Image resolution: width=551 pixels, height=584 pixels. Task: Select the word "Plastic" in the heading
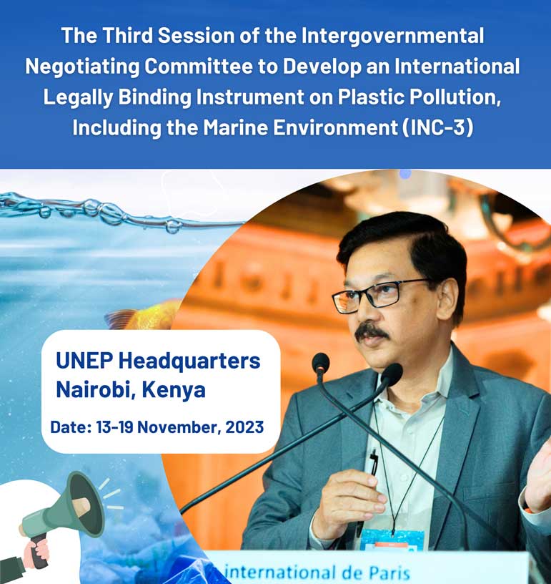click(353, 98)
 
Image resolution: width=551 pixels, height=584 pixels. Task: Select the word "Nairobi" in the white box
click(94, 389)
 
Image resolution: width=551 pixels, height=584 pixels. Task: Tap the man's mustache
click(372, 331)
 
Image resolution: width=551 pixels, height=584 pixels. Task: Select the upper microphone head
click(321, 362)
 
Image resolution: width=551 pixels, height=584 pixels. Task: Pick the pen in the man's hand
click(373, 465)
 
